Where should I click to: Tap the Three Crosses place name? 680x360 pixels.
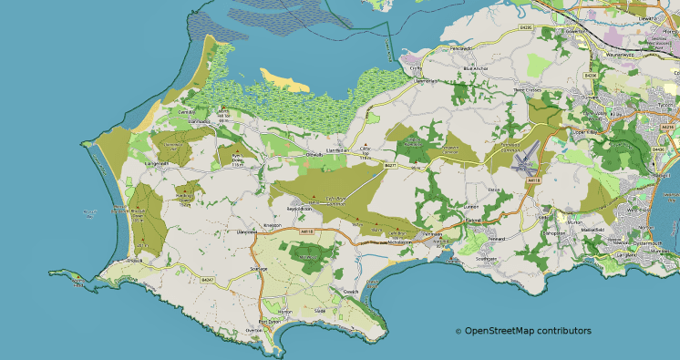pyautogui.click(x=528, y=90)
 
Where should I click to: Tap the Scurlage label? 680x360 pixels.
pyautogui.click(x=259, y=270)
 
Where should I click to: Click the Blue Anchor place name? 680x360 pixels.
pyautogui.click(x=476, y=68)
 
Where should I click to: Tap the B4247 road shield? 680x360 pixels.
pyautogui.click(x=207, y=279)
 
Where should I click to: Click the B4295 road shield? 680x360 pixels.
pyautogui.click(x=525, y=28)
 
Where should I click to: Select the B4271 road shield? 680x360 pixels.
pyautogui.click(x=390, y=165)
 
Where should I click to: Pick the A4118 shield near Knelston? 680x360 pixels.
pyautogui.click(x=306, y=231)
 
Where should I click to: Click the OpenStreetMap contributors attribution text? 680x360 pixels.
pyautogui.click(x=522, y=331)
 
